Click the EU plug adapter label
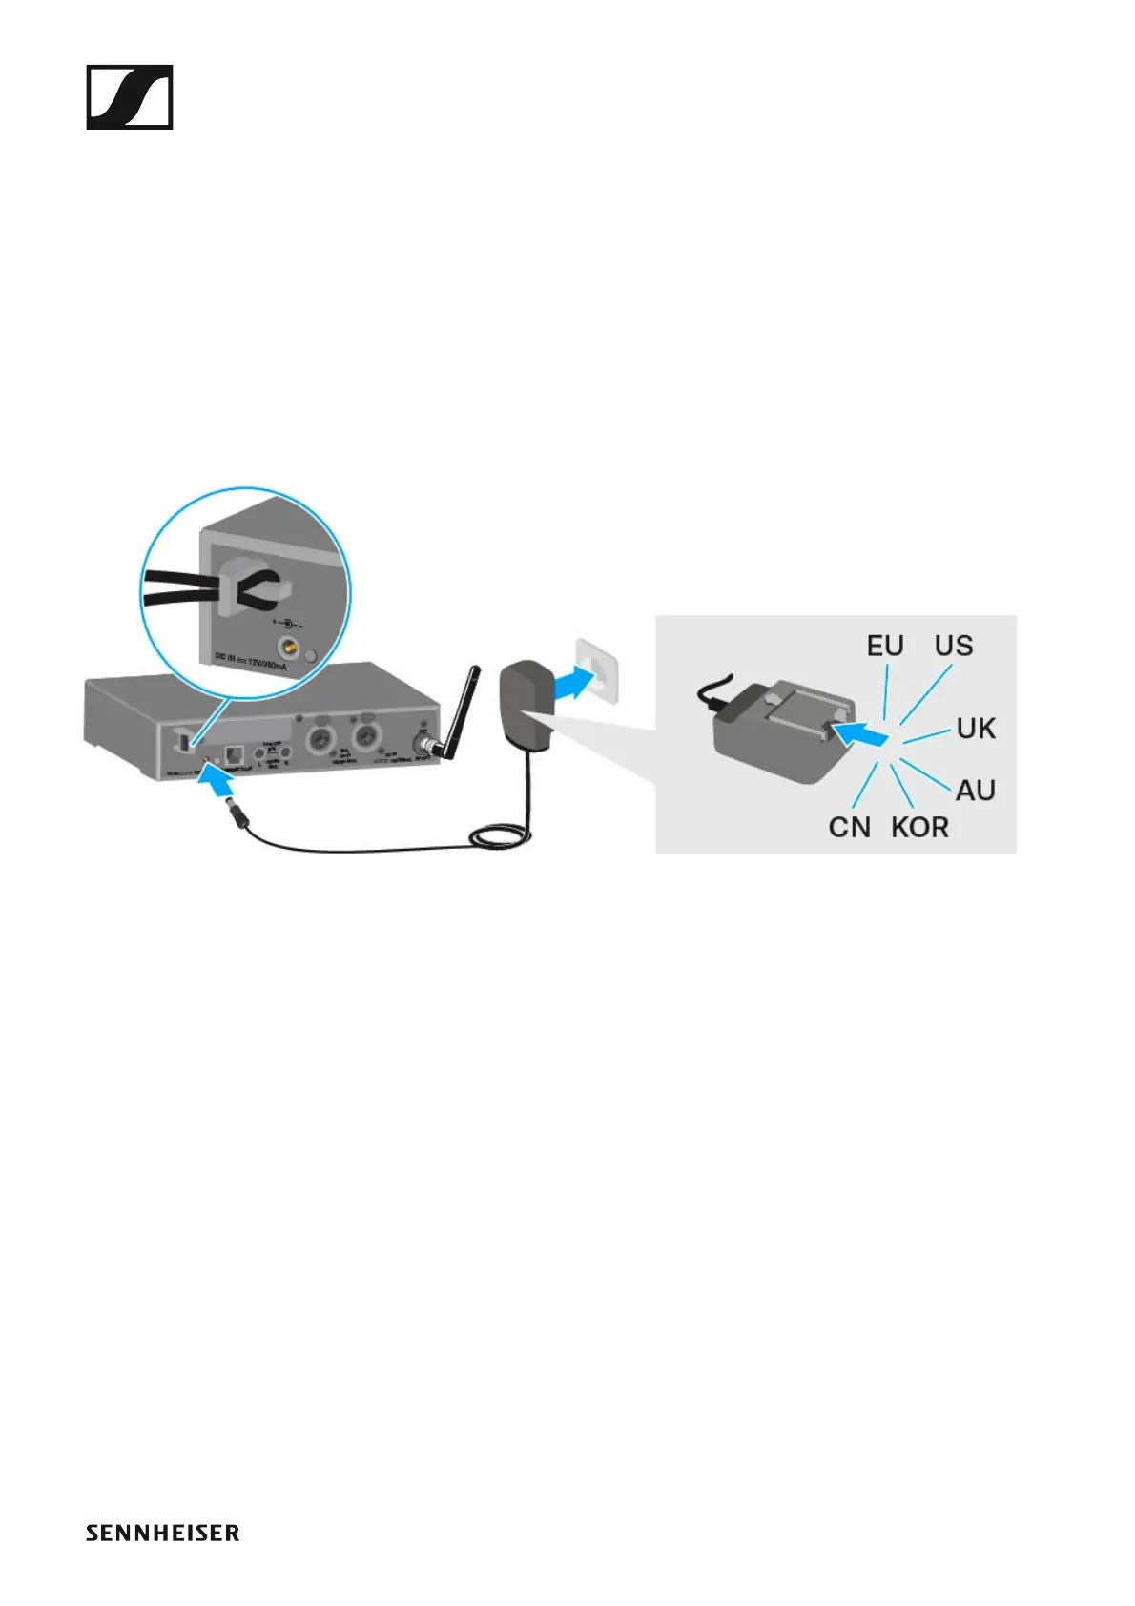tap(884, 646)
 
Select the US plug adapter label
tap(953, 646)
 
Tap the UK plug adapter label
tap(975, 729)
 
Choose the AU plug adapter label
tap(975, 790)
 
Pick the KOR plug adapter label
tap(919, 827)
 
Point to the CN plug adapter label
tap(849, 827)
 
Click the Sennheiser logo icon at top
tap(130, 97)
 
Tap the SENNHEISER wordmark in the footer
tap(162, 1534)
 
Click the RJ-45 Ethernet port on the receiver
tap(235, 754)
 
